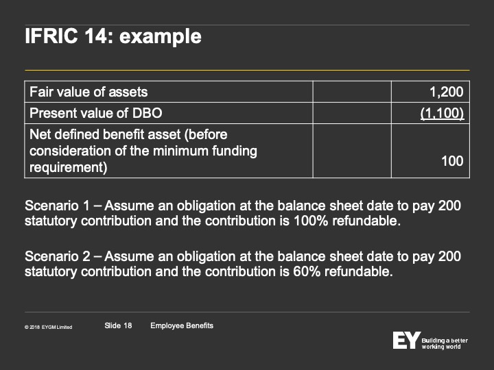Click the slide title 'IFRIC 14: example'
[113, 37]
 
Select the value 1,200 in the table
[447, 92]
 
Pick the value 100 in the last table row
[452, 161]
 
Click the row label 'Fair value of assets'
[89, 92]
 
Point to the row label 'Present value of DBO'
[96, 113]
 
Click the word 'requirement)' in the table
[69, 167]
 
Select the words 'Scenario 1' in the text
[57, 206]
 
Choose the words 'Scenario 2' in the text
[58, 256]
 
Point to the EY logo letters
[407, 340]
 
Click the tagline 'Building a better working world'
[445, 343]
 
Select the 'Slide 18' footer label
[118, 325]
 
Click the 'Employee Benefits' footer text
[182, 325]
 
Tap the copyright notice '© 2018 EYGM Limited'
[48, 328]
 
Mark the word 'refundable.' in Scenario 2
[359, 271]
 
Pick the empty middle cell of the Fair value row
[352, 92]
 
